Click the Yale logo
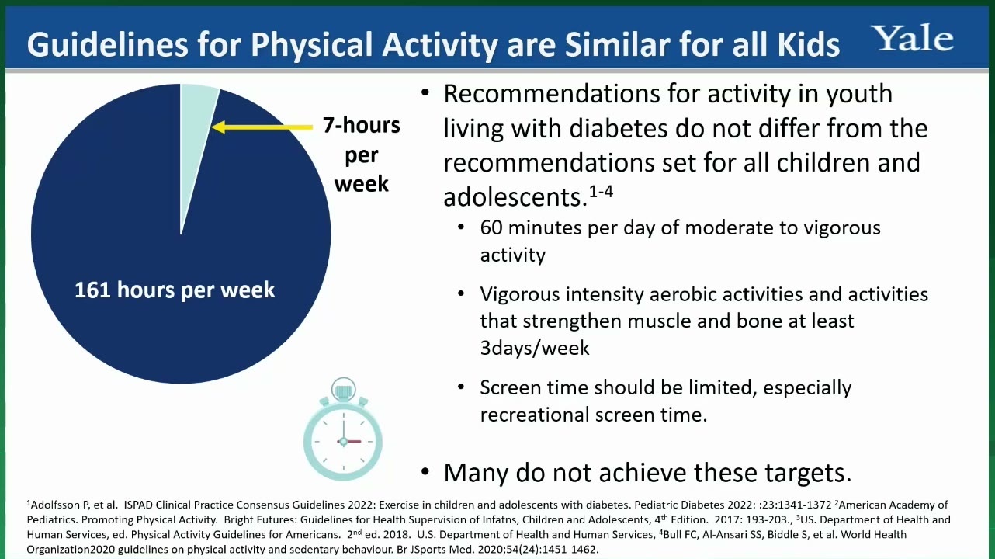click(911, 38)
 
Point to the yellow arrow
click(262, 127)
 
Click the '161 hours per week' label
click(175, 290)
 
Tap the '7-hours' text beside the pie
click(361, 125)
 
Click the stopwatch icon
click(343, 429)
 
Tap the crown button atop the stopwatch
click(343, 390)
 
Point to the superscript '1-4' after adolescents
click(601, 192)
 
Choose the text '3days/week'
click(535, 348)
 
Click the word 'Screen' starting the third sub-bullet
click(511, 388)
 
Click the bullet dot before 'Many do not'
click(425, 471)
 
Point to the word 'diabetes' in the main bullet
click(619, 128)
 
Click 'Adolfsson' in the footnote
click(56, 505)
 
